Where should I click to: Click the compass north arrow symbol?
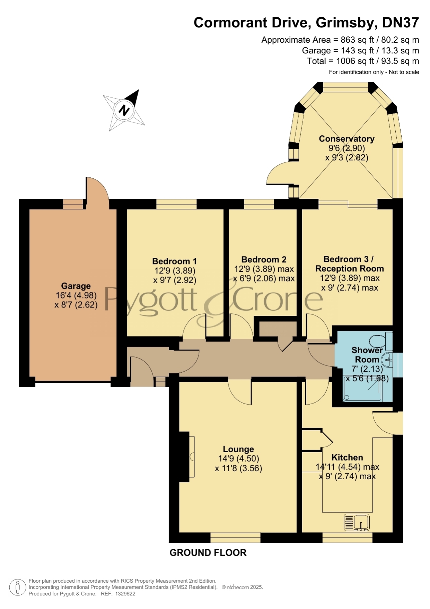click(x=124, y=110)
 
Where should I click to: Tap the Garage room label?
click(x=76, y=286)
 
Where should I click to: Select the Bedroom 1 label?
click(x=175, y=261)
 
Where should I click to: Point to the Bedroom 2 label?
click(x=264, y=260)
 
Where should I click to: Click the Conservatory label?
click(x=346, y=139)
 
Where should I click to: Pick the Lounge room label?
click(x=238, y=449)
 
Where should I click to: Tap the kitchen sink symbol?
click(x=357, y=523)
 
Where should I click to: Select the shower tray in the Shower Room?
click(x=363, y=389)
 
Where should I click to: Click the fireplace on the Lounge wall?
click(x=187, y=457)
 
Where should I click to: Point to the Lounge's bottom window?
click(x=235, y=538)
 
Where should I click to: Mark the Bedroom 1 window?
click(x=176, y=204)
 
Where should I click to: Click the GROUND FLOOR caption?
click(x=208, y=552)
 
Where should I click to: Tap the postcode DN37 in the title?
click(x=401, y=23)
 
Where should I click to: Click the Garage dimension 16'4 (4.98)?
click(x=76, y=295)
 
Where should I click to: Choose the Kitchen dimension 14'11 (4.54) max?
click(x=347, y=467)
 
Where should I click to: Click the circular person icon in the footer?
click(x=17, y=587)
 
